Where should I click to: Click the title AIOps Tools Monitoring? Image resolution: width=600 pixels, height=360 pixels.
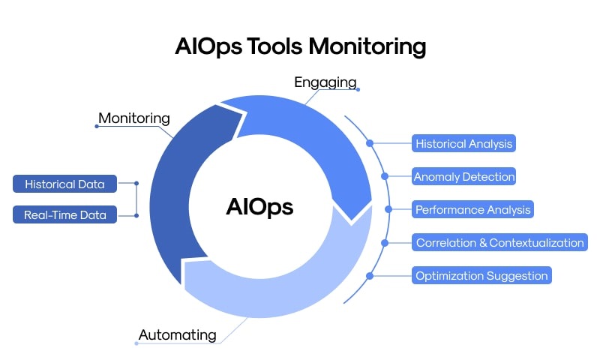(x=300, y=46)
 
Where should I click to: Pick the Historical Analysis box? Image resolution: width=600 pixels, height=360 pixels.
(x=464, y=143)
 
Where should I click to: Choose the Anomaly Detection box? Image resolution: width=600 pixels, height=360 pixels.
(x=464, y=177)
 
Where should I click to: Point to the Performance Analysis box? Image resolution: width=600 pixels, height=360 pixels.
(x=473, y=209)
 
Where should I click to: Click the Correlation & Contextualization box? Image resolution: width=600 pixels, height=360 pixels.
(x=499, y=242)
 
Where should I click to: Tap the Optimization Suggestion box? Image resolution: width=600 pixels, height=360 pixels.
(x=482, y=275)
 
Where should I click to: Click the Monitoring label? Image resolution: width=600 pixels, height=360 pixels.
(x=134, y=118)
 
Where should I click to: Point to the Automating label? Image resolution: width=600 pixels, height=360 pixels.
(x=177, y=334)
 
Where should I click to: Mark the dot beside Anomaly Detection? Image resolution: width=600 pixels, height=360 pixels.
(x=385, y=177)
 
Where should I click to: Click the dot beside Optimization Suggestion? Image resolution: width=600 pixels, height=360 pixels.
(x=370, y=275)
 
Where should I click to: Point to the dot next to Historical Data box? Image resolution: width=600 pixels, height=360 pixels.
(x=136, y=184)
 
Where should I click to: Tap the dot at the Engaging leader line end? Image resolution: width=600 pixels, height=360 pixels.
(x=358, y=89)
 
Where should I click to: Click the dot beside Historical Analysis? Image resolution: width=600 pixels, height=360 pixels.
(x=370, y=143)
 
